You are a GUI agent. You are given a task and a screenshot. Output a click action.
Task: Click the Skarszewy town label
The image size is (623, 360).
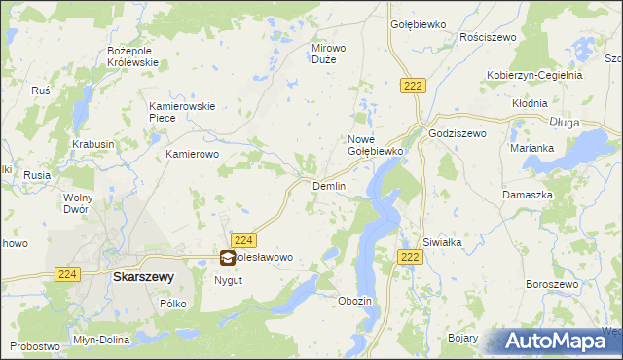pos(143,276)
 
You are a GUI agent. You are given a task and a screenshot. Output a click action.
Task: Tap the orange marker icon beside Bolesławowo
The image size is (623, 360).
pos(227,258)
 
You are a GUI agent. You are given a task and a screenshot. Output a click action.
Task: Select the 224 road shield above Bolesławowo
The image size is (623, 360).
pos(244,240)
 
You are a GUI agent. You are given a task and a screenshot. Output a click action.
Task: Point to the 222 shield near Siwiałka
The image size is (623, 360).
pos(410,256)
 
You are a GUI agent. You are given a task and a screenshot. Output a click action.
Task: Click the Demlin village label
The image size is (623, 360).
pos(329,185)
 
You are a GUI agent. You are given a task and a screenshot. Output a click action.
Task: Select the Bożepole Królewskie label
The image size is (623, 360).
pos(132,55)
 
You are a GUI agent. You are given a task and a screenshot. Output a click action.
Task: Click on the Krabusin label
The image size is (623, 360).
pos(93,144)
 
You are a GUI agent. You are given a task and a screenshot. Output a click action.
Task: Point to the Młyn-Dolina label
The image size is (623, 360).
pos(99,340)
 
